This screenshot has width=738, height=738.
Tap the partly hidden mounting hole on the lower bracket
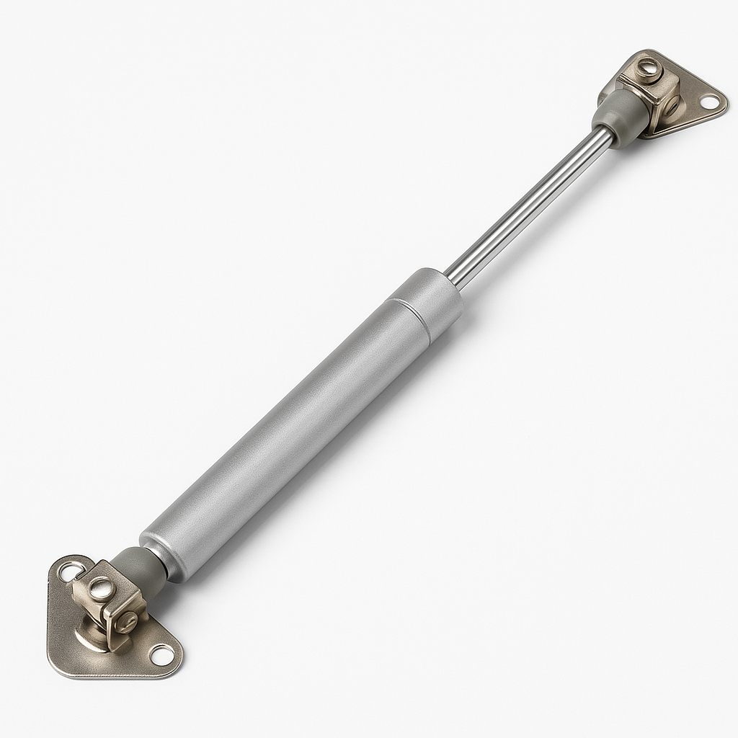(70, 574)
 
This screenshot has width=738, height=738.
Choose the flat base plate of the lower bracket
(72, 649)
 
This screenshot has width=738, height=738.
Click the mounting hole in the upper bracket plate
(710, 102)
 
